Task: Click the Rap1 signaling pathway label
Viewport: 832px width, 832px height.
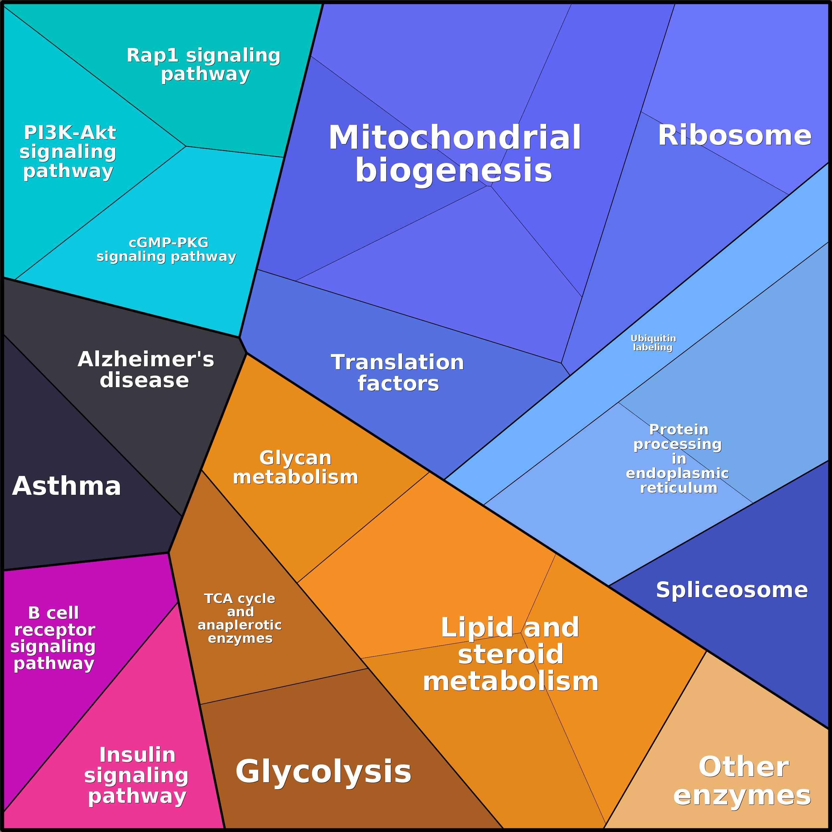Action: (204, 65)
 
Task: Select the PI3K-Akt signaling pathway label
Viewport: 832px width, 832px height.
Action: (69, 152)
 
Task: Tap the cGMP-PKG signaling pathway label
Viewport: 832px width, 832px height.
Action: (167, 249)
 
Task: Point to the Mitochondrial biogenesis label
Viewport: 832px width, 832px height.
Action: (454, 154)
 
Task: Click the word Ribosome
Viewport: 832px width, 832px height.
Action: (734, 136)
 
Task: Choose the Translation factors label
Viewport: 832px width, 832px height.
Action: (397, 373)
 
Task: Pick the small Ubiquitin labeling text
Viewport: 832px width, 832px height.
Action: (653, 343)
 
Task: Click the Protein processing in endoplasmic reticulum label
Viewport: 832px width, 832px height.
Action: (677, 459)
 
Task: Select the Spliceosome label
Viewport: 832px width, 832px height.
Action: (732, 590)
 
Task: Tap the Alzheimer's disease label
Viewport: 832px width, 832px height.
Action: (145, 370)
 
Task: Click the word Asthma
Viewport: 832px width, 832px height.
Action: (67, 486)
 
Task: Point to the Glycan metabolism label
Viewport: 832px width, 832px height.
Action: (295, 468)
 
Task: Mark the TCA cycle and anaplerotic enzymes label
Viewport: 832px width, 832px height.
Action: (240, 618)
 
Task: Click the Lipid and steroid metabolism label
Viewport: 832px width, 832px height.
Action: (511, 654)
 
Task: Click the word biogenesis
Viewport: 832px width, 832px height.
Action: (453, 171)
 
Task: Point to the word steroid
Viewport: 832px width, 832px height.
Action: (511, 654)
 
